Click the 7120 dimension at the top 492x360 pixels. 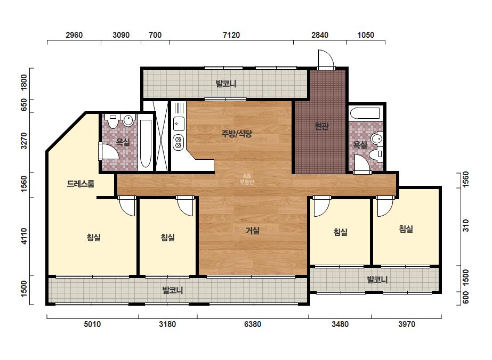point(231,35)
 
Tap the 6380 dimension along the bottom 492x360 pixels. point(252,324)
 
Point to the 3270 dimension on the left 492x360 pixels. point(24,141)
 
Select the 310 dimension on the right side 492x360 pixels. point(466,225)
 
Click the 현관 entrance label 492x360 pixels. point(321,126)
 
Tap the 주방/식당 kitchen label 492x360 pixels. point(237,134)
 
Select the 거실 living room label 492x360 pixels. point(253,231)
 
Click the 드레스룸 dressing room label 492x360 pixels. point(80,183)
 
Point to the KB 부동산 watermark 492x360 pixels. point(247,179)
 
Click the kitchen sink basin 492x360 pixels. point(179,123)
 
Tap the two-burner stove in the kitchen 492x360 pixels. point(179,142)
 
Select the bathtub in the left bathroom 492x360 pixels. point(146,144)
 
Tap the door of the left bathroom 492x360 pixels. point(108,151)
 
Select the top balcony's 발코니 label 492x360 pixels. point(225,84)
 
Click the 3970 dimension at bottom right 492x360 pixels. point(407,324)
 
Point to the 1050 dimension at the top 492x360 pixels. point(366,35)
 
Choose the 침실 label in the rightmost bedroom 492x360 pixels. point(406,229)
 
